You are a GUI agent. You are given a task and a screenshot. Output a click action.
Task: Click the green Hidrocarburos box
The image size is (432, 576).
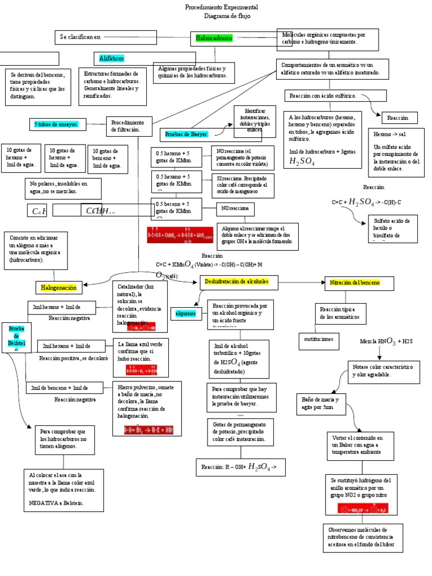(x=214, y=38)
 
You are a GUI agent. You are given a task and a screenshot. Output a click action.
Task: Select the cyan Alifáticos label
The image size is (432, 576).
(x=111, y=58)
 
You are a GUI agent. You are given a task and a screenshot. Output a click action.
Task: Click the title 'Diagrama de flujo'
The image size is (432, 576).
(x=222, y=16)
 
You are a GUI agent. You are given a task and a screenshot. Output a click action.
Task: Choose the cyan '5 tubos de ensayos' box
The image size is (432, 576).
(x=56, y=124)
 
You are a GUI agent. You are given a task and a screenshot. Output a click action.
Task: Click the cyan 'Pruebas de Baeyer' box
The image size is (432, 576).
(x=186, y=134)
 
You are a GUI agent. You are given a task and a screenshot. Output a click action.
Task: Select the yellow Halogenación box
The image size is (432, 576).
(x=58, y=287)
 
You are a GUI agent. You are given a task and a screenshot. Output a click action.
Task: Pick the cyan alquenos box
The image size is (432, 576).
(x=185, y=313)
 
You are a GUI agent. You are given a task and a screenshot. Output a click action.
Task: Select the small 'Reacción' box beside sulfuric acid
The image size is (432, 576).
(x=401, y=118)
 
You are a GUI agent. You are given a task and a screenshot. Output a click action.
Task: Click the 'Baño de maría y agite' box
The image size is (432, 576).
(x=322, y=403)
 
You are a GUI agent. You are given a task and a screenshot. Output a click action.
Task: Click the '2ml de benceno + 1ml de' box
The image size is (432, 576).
(x=64, y=388)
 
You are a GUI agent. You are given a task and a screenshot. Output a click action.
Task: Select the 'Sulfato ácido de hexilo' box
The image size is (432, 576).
(x=392, y=228)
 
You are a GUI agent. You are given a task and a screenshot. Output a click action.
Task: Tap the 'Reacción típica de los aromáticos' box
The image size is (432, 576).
(x=339, y=313)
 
